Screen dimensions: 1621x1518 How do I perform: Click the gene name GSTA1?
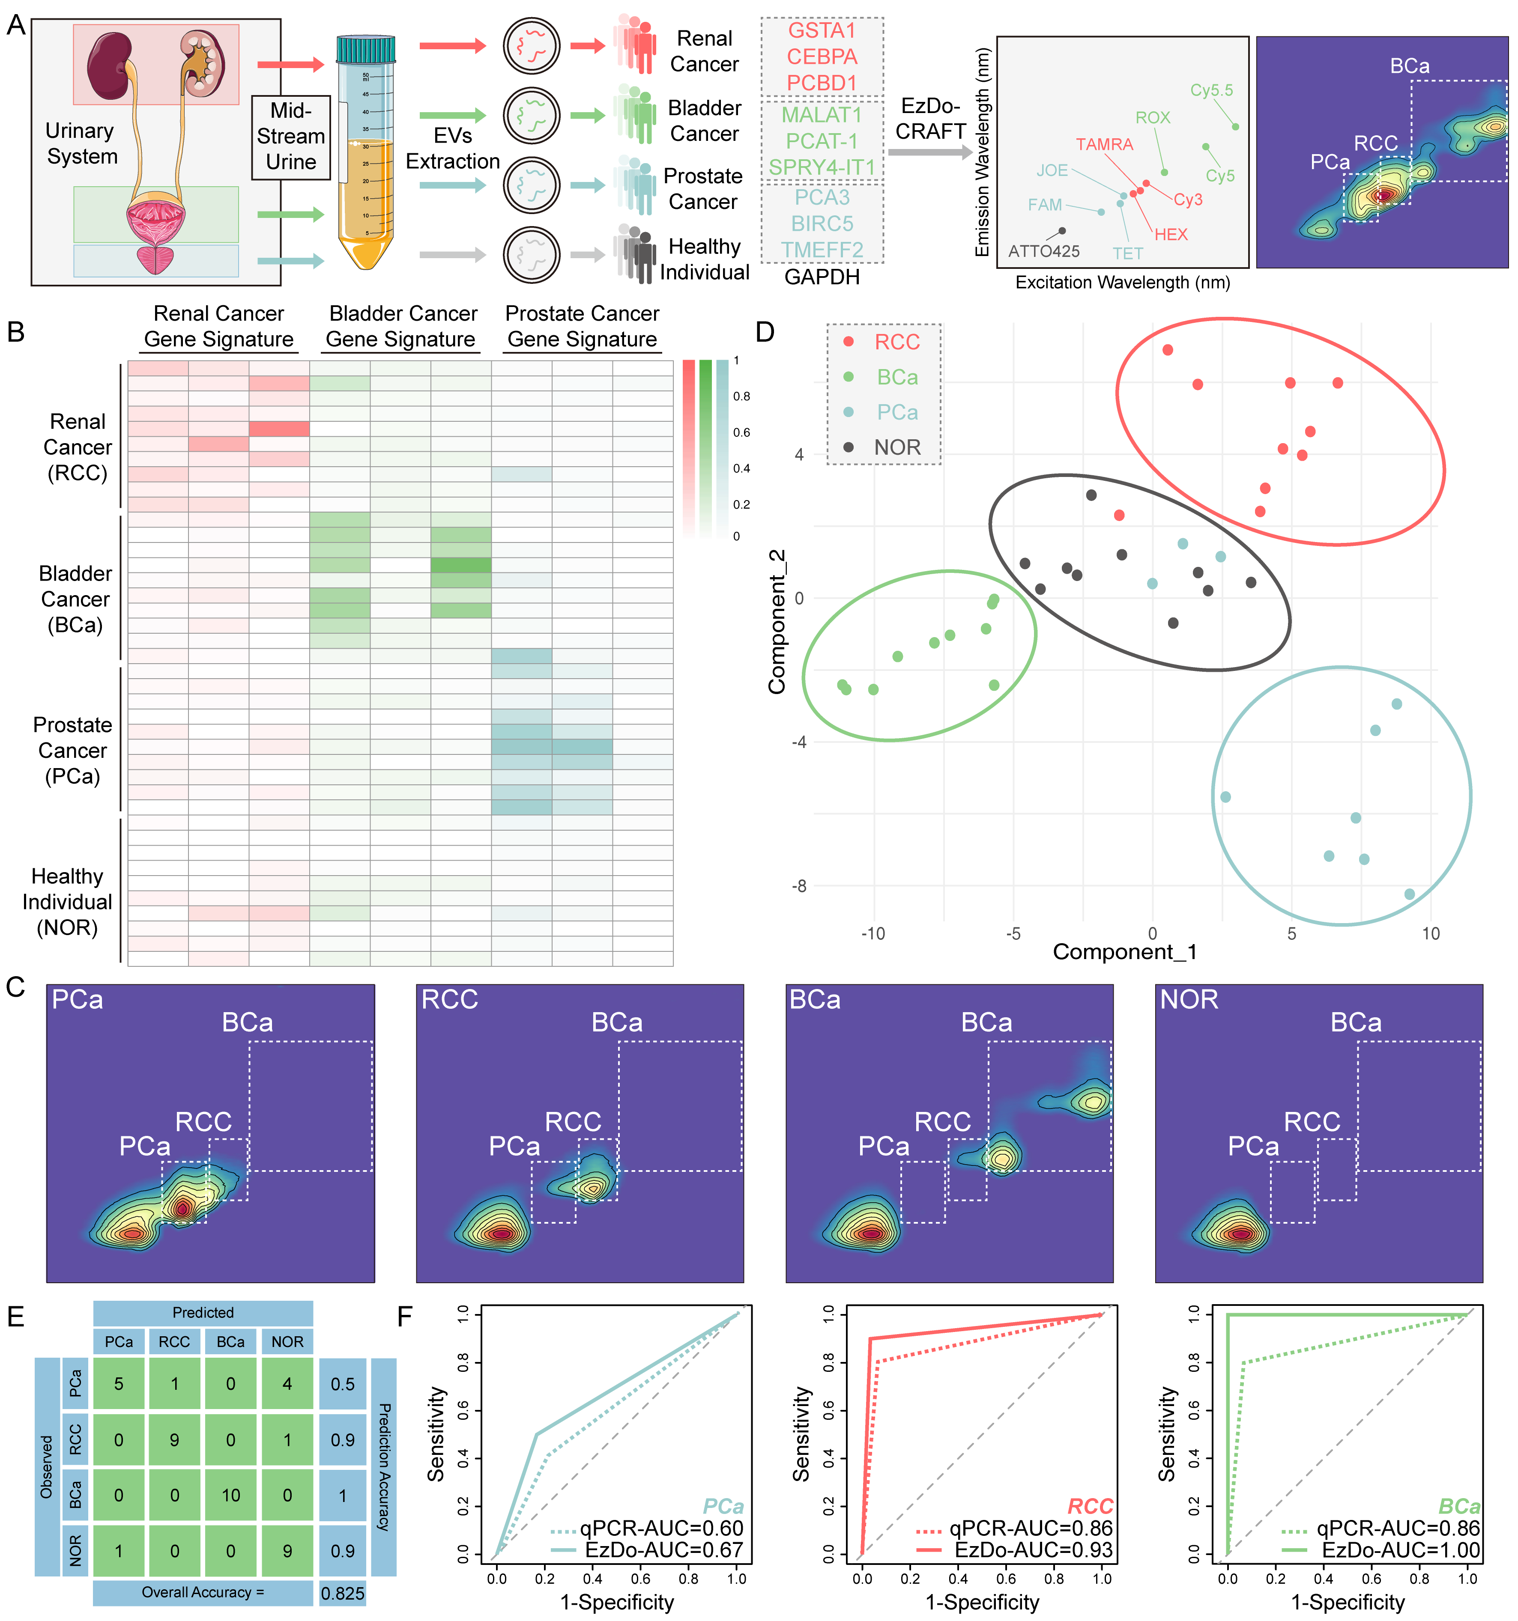point(822,31)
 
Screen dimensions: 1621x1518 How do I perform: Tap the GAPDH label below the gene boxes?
point(822,277)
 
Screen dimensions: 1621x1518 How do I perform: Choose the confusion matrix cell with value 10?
point(231,1495)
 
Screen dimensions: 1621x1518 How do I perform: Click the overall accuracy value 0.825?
point(343,1592)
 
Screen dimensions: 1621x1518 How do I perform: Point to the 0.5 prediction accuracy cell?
point(343,1384)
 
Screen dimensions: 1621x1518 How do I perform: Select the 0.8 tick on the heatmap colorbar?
point(741,396)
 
